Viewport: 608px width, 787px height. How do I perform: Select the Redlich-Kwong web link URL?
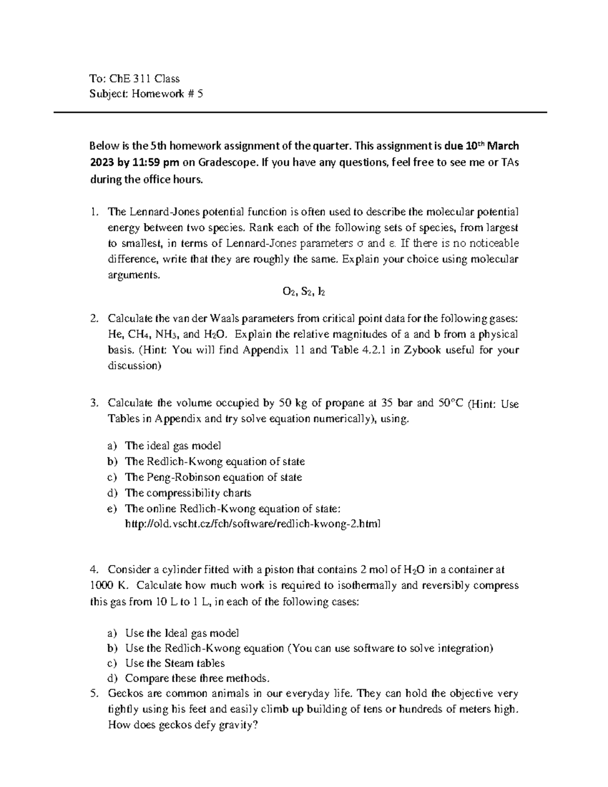[252, 523]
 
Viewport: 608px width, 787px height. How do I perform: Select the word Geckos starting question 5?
[124, 694]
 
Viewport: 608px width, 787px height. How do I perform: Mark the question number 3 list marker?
[93, 403]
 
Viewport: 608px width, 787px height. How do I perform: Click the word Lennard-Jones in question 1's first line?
[159, 211]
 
